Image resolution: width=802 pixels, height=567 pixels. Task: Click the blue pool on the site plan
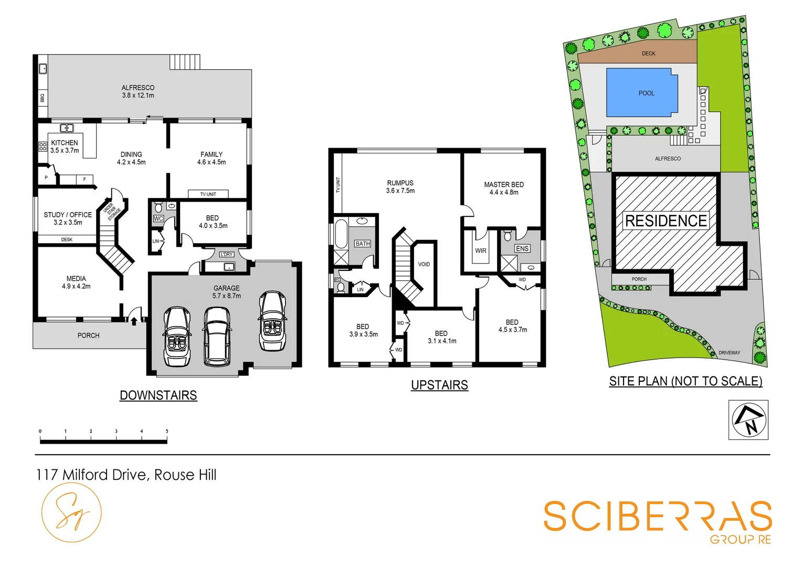coord(641,93)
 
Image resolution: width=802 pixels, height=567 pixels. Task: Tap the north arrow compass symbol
coord(748,419)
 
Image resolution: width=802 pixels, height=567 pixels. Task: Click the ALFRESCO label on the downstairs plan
coord(138,88)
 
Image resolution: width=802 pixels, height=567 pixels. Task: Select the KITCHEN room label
coord(65,143)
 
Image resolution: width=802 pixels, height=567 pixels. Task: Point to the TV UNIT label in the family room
coord(208,194)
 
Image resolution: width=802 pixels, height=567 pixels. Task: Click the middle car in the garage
coord(217,336)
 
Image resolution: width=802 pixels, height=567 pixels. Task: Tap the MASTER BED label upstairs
coord(504,185)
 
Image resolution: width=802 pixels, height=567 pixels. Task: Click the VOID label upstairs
coord(424,264)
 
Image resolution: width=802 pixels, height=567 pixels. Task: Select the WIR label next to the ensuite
coord(481,251)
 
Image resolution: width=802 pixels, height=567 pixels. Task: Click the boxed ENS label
coord(522,248)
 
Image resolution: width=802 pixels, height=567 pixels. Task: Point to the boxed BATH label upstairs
coord(363,244)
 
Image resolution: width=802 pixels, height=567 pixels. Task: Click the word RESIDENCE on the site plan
coord(666,221)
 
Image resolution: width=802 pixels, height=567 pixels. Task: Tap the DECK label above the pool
coord(649,54)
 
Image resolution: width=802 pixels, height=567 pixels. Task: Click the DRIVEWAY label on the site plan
coord(729,353)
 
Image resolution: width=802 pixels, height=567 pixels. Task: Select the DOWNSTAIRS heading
coord(159,395)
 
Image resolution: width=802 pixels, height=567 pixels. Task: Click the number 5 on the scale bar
coord(167,432)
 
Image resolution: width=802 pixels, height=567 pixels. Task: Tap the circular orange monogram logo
coord(71,512)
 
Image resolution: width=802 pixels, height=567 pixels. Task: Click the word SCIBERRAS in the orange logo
coord(658,517)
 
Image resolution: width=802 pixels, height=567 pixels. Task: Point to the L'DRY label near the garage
coord(227,255)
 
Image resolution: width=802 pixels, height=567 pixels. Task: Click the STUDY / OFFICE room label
coord(68,215)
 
